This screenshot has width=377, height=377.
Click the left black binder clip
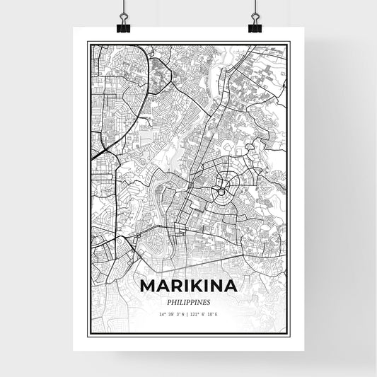pos(124,23)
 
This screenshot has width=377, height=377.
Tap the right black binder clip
pos(254,23)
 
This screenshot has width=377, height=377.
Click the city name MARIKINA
pos(188,285)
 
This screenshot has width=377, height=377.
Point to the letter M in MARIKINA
pos(149,285)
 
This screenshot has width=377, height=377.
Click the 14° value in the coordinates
pos(162,313)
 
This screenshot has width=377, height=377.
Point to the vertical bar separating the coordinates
pos(188,313)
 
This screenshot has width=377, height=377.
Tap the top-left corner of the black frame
pos(88,42)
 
